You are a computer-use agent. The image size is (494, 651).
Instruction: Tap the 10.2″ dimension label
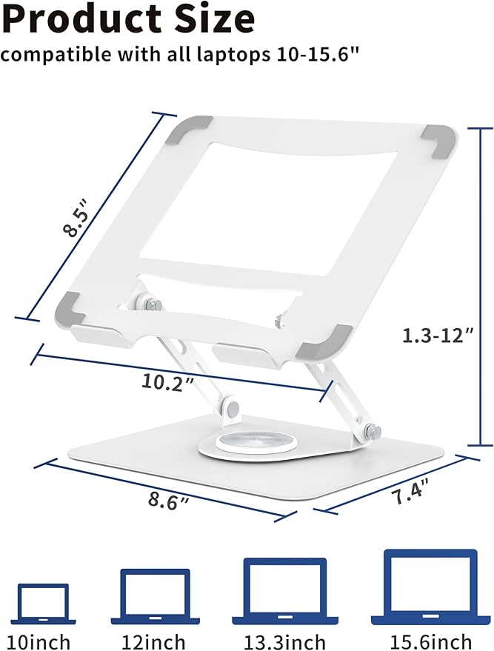(170, 382)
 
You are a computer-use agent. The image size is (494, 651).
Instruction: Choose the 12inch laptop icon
(156, 596)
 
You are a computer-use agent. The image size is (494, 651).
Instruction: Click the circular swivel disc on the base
(249, 445)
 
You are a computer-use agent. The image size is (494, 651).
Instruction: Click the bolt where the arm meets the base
(372, 430)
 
